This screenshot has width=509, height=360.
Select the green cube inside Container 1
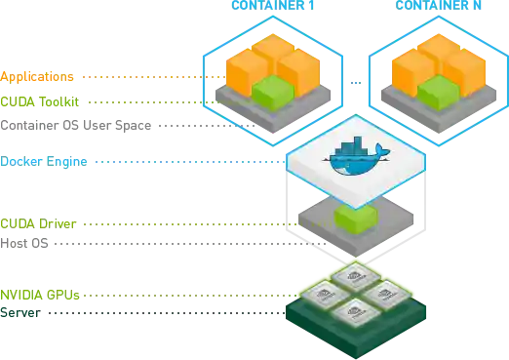(x=272, y=92)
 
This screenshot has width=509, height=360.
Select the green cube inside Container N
(x=439, y=92)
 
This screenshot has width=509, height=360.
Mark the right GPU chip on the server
(x=385, y=294)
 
